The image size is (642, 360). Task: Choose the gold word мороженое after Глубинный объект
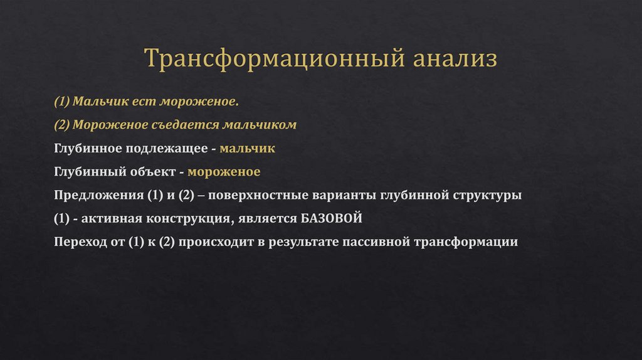click(x=224, y=171)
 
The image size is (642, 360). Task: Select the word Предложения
click(x=99, y=195)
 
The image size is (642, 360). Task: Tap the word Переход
click(x=80, y=242)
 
